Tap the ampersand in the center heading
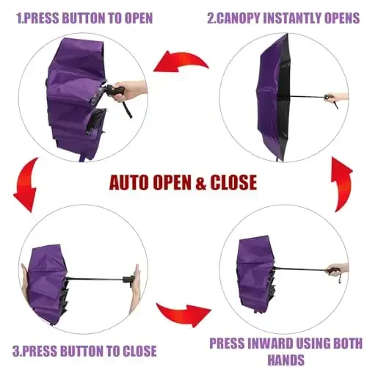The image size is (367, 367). tap(192, 181)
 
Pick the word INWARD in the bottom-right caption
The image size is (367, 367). tap(276, 343)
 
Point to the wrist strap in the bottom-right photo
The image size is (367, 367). tap(339, 280)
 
